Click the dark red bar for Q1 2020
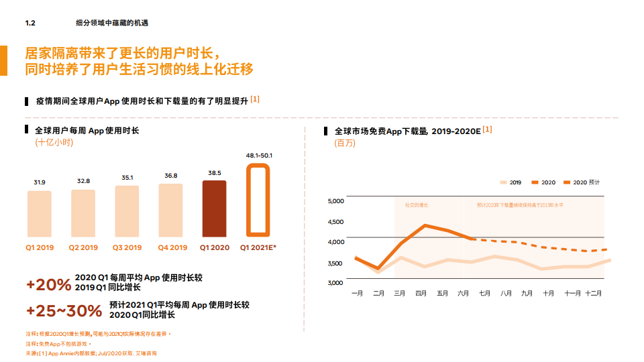214,208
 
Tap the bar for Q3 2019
127,210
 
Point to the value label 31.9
40,182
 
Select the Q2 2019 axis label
83,248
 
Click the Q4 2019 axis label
171,248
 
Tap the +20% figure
48,284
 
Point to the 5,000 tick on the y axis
335,201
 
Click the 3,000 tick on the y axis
335,282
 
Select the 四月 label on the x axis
421,293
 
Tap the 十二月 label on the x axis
592,293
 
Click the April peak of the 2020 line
424,225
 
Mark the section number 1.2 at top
30,23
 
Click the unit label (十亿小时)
54,143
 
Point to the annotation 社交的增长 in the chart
416,205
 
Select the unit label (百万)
345,143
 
